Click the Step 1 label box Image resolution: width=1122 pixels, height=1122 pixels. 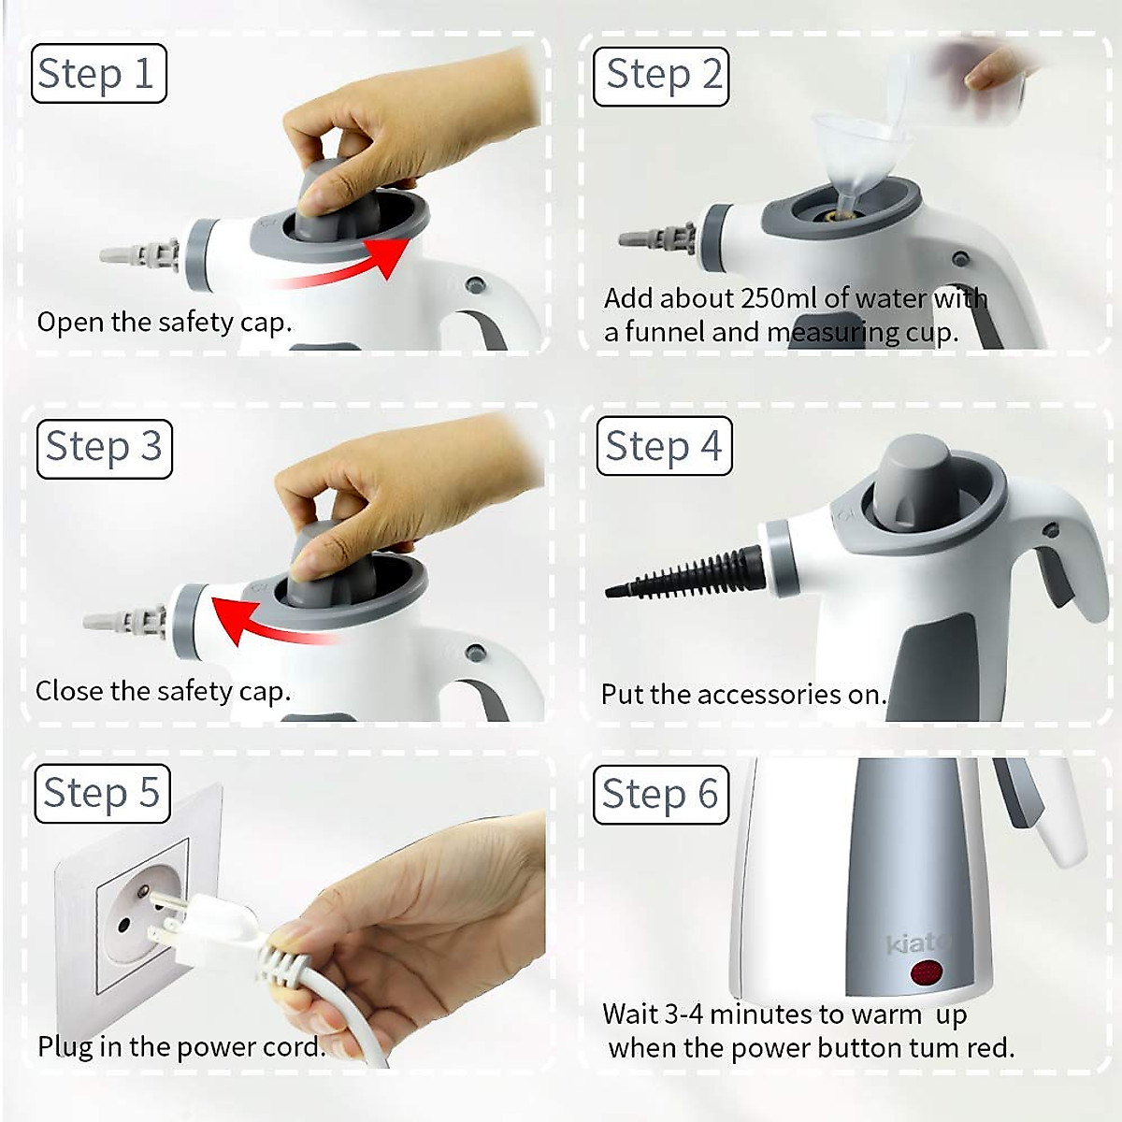click(98, 74)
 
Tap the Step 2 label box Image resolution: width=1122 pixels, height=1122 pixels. click(661, 75)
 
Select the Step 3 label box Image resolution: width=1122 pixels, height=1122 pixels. click(104, 448)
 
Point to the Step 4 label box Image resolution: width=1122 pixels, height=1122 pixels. click(663, 446)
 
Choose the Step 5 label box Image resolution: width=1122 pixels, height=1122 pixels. click(102, 794)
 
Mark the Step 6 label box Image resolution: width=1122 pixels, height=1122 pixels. click(660, 795)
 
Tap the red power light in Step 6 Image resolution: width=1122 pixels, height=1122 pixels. click(927, 973)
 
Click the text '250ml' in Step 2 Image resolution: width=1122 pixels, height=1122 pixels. click(778, 298)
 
